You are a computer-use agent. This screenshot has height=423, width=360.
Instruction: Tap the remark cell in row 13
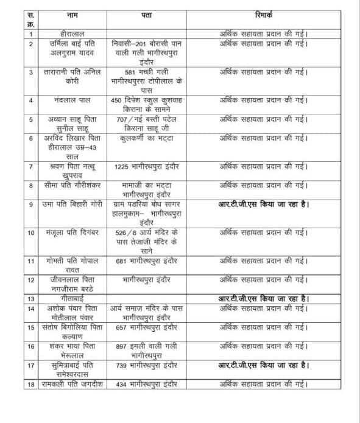point(264,299)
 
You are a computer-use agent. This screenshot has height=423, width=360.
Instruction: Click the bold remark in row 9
point(264,205)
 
